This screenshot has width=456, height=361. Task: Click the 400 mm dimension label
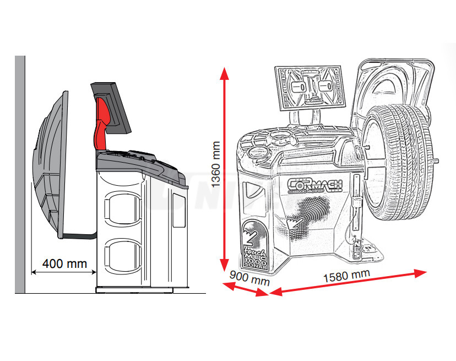click(x=64, y=263)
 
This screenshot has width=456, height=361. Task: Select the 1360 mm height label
click(x=216, y=164)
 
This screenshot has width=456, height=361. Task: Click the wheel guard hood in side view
click(x=51, y=165)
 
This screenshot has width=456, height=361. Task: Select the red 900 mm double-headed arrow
click(x=245, y=289)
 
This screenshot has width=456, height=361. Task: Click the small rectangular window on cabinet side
click(x=178, y=210)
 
